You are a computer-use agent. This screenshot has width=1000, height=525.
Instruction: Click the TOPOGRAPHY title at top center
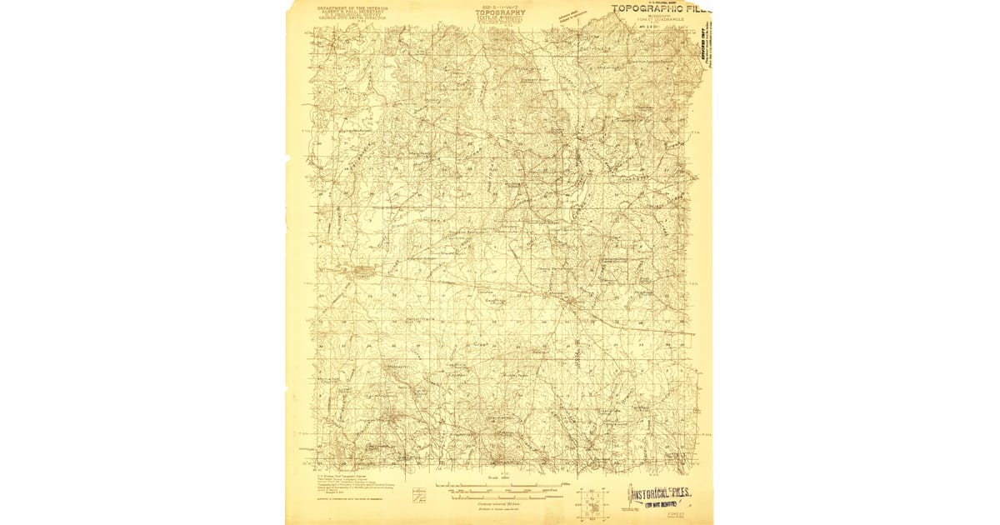(x=500, y=13)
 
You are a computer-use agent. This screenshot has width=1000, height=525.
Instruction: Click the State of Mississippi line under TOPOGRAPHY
(x=500, y=18)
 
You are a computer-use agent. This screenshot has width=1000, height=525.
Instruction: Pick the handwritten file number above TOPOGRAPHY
(x=500, y=7)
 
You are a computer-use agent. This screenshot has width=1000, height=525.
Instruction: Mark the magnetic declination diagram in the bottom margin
(x=419, y=495)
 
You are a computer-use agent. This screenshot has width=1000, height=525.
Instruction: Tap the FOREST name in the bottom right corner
(x=669, y=516)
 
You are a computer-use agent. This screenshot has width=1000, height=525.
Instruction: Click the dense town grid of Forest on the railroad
(x=362, y=270)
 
